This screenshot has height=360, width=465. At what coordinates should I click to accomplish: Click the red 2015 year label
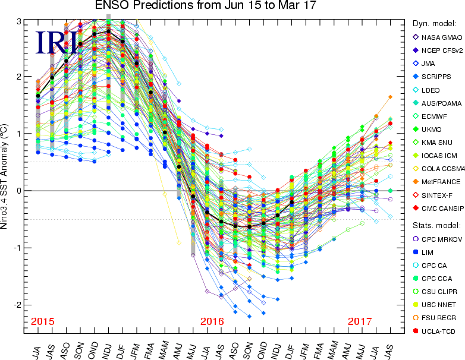tap(43, 321)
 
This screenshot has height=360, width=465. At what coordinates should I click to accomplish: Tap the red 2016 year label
tap(212, 321)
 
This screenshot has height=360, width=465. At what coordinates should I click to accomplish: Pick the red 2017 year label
tap(360, 321)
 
